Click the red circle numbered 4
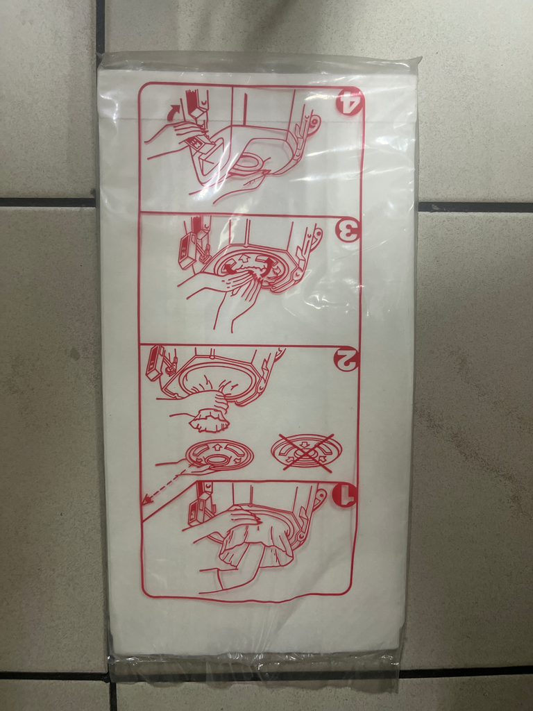click(350, 101)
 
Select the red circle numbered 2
click(347, 358)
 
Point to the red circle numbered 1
click(344, 495)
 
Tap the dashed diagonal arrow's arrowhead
click(146, 500)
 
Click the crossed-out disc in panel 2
click(306, 452)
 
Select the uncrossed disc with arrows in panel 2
click(220, 454)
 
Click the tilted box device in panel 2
click(155, 362)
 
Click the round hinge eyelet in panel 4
click(313, 122)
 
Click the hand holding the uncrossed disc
click(190, 465)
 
